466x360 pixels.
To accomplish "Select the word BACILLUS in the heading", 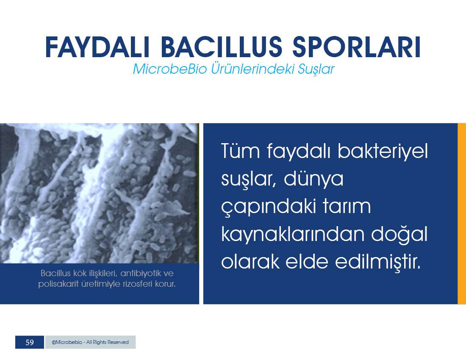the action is (221, 47).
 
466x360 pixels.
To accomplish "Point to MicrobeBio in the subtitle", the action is (170, 69).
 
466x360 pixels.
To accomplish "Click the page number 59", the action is (30, 342).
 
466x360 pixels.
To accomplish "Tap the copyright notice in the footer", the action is (90, 342).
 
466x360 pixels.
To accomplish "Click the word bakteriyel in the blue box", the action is (383, 151).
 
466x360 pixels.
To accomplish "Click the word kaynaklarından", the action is (293, 234).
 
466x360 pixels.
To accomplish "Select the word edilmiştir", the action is (378, 261).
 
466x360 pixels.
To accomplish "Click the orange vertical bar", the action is (462, 213).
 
